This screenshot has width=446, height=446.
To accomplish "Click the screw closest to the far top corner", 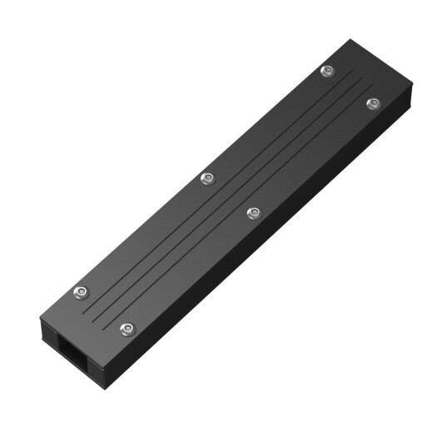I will point(328,71).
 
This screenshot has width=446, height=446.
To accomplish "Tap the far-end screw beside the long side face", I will point(374,103).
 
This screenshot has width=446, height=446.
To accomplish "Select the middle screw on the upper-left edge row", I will point(207,177).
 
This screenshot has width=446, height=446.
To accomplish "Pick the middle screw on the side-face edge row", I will point(254,213).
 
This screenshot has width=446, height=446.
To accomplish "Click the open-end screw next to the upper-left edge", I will point(81,292).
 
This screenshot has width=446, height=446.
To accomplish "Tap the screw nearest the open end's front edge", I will point(127,330).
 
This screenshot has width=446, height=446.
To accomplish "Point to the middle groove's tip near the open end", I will point(93,315).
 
